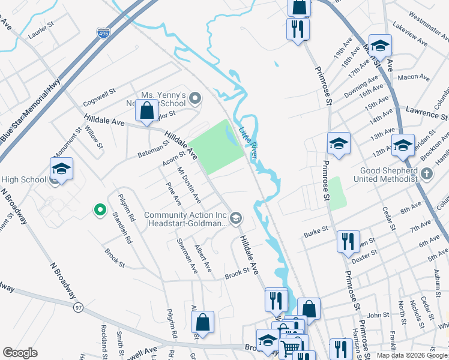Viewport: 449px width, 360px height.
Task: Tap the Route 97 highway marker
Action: pos(78,307)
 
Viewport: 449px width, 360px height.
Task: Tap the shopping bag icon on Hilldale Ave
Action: pos(146,110)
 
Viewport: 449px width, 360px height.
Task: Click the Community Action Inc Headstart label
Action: pos(185,219)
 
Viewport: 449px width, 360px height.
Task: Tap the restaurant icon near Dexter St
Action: pos(348,241)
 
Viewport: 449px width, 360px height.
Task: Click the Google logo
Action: pos(20,353)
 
